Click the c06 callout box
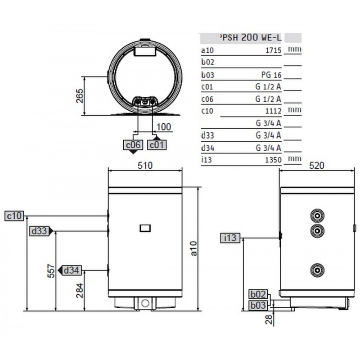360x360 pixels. click(x=134, y=145)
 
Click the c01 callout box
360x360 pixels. click(x=157, y=145)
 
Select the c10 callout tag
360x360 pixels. click(x=14, y=216)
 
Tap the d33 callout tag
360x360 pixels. click(x=39, y=231)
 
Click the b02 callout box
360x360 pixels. click(x=259, y=294)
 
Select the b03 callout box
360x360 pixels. click(x=259, y=306)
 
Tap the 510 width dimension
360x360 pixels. click(x=145, y=165)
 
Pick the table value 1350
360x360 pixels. click(x=273, y=159)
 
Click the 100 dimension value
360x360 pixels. click(x=164, y=127)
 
